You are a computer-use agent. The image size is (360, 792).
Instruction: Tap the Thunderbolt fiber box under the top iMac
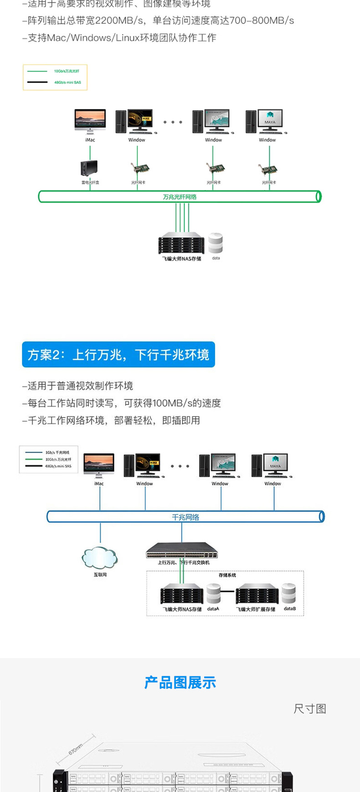(89, 169)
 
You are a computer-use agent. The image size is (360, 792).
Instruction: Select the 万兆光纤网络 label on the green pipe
(180, 197)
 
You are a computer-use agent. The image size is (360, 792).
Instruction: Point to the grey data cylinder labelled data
(216, 244)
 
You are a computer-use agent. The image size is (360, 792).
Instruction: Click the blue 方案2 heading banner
(118, 355)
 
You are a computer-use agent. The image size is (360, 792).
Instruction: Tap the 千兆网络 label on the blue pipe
(185, 517)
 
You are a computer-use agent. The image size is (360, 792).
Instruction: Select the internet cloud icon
(100, 557)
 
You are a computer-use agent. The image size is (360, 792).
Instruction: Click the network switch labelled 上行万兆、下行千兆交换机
(182, 551)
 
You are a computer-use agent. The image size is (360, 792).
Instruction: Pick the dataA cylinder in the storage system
(213, 593)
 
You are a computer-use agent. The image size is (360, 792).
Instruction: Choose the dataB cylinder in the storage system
(289, 593)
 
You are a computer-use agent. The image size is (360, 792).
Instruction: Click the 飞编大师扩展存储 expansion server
(257, 594)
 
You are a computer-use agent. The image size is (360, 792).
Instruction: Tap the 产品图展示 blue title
(180, 683)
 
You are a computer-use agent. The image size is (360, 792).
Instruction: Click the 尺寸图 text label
(310, 709)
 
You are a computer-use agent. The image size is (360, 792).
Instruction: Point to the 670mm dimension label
(76, 749)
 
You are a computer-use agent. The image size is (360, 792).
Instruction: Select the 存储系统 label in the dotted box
(227, 575)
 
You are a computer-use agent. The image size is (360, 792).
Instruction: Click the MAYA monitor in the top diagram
(270, 120)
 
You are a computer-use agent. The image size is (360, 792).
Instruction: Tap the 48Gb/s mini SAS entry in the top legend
(67, 82)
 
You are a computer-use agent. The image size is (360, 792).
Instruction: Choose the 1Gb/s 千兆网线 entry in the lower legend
(57, 453)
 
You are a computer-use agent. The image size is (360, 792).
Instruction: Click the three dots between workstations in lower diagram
(180, 466)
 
